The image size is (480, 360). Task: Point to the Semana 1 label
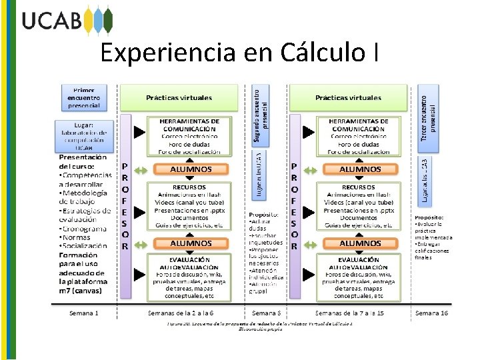point(84,313)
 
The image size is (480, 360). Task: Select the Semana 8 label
point(267,313)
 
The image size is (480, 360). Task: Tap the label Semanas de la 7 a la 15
point(350,313)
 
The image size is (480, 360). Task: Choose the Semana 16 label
point(431,313)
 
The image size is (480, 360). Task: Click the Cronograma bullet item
point(84,228)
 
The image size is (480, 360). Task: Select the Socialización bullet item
point(84,245)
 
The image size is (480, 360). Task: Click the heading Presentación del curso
point(83,162)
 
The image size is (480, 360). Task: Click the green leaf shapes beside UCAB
point(98,20)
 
